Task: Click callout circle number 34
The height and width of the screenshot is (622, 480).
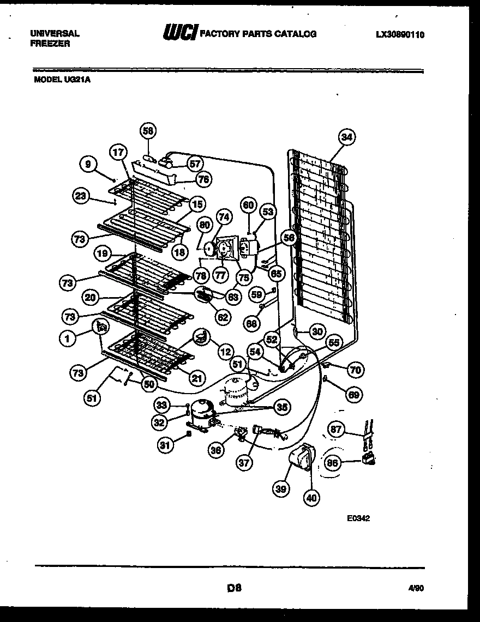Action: (x=346, y=137)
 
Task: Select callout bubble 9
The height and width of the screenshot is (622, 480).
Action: (x=88, y=162)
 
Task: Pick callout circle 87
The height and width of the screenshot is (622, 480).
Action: (x=336, y=430)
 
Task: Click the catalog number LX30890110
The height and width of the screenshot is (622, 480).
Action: (x=400, y=35)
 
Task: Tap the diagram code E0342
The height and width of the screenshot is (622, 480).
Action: (x=358, y=518)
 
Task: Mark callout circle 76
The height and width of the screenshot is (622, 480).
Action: (x=204, y=178)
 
